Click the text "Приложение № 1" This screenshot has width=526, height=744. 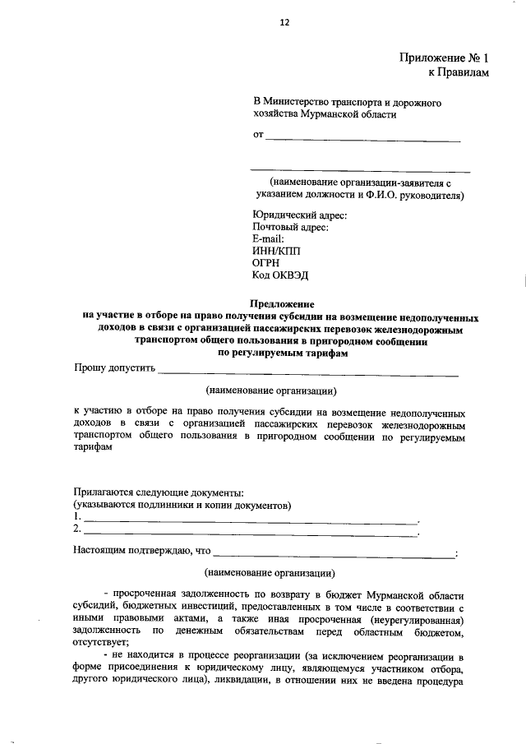point(443,58)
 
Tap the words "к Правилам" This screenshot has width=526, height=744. point(459,73)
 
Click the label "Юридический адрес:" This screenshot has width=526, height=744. point(300,215)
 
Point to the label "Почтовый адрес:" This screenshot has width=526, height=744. point(291,228)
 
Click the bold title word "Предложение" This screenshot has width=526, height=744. point(282,303)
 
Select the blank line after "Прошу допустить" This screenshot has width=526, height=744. point(308,373)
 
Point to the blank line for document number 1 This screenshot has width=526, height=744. point(251,521)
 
